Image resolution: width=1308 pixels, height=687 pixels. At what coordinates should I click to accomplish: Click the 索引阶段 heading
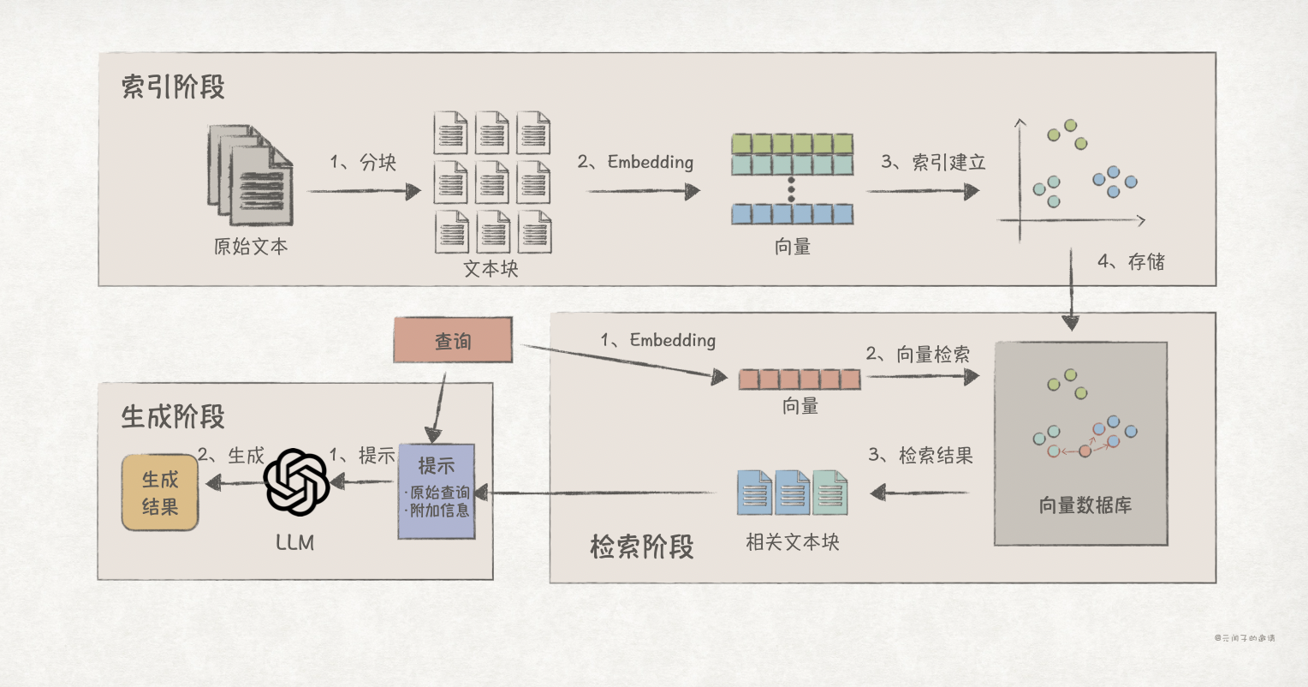(173, 87)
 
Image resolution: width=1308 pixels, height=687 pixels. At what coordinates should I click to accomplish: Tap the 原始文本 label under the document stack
(251, 247)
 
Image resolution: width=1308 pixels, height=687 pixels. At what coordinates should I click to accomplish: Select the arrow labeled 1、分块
(364, 190)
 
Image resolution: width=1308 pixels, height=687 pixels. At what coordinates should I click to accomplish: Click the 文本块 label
(491, 268)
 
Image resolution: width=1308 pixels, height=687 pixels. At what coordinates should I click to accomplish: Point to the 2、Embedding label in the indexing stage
(635, 162)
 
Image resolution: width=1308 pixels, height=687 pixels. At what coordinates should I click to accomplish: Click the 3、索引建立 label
(933, 162)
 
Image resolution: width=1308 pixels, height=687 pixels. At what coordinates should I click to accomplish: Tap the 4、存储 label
(1131, 261)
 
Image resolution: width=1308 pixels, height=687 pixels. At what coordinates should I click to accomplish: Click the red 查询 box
(453, 340)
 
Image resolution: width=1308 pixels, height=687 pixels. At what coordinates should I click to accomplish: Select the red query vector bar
(800, 379)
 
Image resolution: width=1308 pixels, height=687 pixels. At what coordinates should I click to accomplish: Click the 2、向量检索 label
(918, 354)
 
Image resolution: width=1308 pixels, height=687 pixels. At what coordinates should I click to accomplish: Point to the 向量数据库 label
(1085, 505)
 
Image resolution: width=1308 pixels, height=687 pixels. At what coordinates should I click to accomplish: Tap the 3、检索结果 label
(921, 455)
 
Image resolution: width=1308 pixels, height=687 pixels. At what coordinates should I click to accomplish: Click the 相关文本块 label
(793, 542)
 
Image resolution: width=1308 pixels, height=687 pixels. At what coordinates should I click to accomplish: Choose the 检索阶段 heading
(641, 547)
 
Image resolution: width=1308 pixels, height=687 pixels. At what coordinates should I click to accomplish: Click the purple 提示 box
(437, 491)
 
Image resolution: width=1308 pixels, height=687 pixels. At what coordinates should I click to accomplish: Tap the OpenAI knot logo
(297, 483)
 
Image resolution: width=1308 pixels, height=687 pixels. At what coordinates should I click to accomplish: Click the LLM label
(295, 542)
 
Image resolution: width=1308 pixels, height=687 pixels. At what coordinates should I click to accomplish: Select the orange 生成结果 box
(160, 493)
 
